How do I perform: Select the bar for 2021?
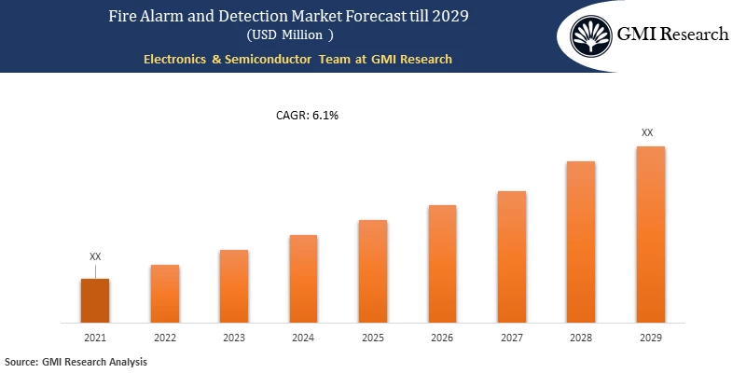click(x=95, y=301)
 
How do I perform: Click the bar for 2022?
click(x=164, y=294)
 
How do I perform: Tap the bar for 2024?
click(x=303, y=279)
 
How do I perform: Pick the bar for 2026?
click(x=442, y=264)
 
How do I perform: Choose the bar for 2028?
click(x=581, y=242)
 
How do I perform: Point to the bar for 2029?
click(x=650, y=235)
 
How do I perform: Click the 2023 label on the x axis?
click(x=234, y=338)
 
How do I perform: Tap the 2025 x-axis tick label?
click(x=373, y=338)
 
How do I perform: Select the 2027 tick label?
click(x=511, y=338)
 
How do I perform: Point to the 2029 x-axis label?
click(x=650, y=338)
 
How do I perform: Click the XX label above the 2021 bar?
click(x=95, y=256)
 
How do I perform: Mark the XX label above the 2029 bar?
click(x=647, y=133)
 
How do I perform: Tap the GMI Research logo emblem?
click(x=591, y=35)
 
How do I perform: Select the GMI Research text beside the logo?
click(x=673, y=35)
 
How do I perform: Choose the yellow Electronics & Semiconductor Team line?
click(x=297, y=59)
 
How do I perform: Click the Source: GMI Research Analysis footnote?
click(x=76, y=361)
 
